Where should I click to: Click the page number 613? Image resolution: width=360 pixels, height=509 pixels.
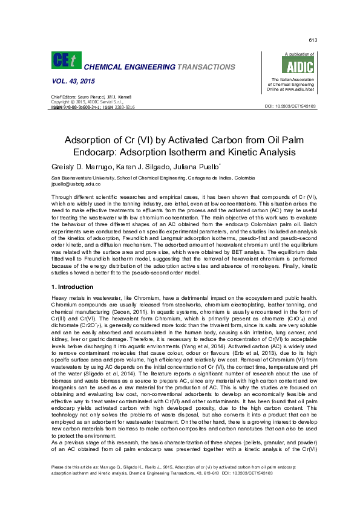click(313, 40)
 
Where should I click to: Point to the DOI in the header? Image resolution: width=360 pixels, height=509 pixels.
click(290, 106)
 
